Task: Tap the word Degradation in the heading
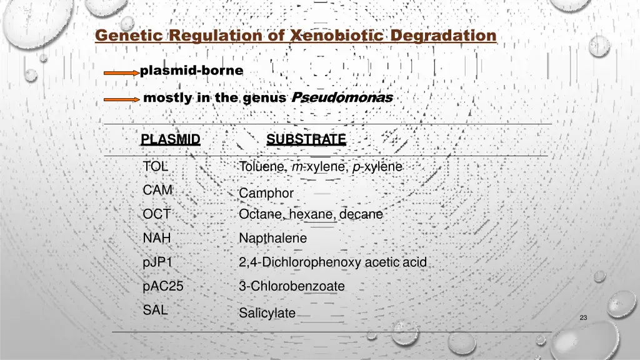443,36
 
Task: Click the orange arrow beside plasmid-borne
121,73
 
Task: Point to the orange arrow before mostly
121,99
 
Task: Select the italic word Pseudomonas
342,97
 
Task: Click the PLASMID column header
171,139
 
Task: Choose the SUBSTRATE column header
306,139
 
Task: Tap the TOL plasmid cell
155,167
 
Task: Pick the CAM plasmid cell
157,190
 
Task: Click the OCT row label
156,214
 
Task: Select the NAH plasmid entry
157,238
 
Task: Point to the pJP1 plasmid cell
157,262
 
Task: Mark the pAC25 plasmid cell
163,286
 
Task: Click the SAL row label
155,309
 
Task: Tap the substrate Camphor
266,193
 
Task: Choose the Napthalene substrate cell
272,238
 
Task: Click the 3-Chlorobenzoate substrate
291,286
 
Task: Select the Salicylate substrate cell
267,313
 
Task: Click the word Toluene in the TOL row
261,167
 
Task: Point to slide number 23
583,318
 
